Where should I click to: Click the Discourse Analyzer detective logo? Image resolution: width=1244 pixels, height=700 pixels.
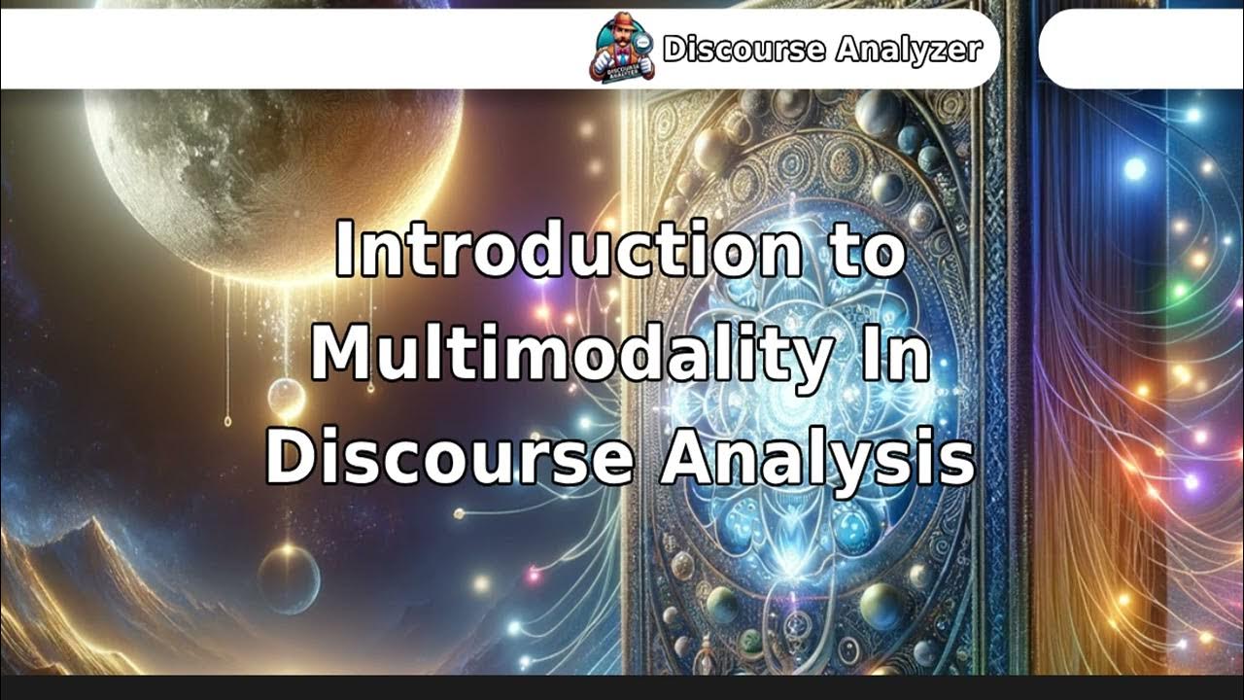[x=622, y=46]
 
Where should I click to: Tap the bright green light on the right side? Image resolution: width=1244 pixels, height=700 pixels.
[x=1179, y=290]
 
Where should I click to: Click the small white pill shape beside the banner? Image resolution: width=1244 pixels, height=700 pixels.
[x=1141, y=49]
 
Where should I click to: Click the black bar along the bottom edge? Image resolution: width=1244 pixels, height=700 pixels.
[x=622, y=687]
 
